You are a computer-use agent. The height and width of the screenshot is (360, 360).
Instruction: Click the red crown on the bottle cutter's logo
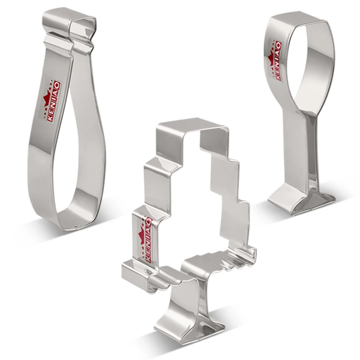[x=48, y=98]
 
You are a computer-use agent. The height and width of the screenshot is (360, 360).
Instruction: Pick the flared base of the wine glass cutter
[x=301, y=200]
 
